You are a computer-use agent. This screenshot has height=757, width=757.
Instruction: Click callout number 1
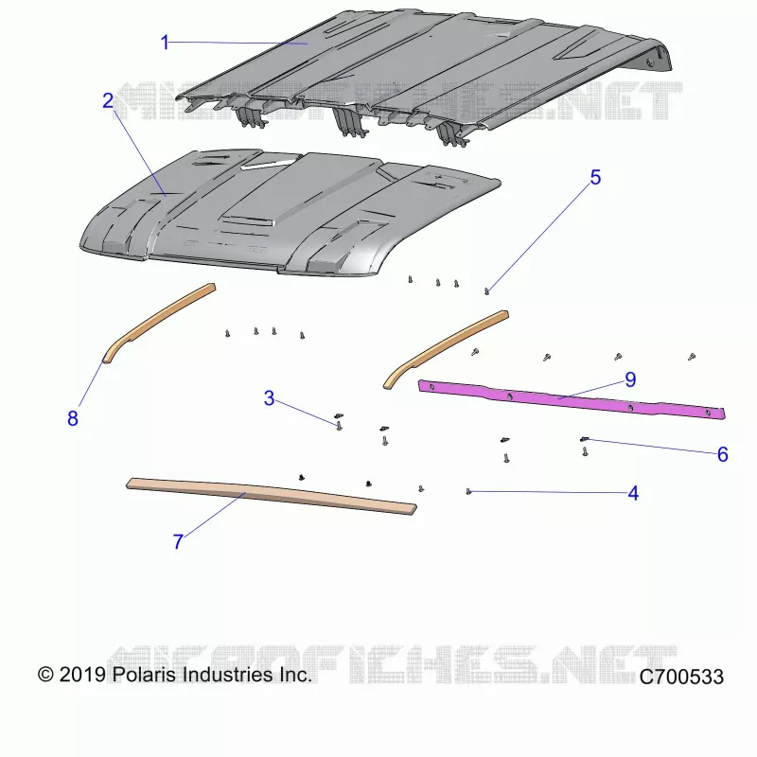[x=165, y=43]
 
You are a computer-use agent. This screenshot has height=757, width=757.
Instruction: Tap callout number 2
[x=108, y=100]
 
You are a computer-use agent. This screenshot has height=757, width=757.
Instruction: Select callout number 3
[x=269, y=398]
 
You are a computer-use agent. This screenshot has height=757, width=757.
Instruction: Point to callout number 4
[x=633, y=493]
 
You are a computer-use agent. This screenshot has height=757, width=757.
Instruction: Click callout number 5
[x=596, y=178]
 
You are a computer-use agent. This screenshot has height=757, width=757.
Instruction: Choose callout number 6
[x=723, y=454]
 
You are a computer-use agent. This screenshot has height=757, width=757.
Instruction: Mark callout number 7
[x=178, y=541]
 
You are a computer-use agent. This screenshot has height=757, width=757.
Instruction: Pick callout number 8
[x=73, y=418]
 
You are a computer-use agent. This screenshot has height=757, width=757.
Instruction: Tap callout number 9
[x=630, y=380]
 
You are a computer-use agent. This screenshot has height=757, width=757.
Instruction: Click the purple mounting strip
[x=572, y=398]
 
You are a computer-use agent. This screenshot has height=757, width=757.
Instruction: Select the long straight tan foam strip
[x=272, y=496]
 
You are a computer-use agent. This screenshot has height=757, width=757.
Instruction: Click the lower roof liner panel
[x=290, y=212]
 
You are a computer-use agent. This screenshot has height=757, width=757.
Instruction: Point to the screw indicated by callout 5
[x=486, y=291]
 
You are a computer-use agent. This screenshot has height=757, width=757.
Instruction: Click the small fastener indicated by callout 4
[x=468, y=491]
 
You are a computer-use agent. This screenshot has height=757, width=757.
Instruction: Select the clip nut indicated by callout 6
[x=585, y=439]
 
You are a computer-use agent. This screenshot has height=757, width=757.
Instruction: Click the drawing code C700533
[x=681, y=677]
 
